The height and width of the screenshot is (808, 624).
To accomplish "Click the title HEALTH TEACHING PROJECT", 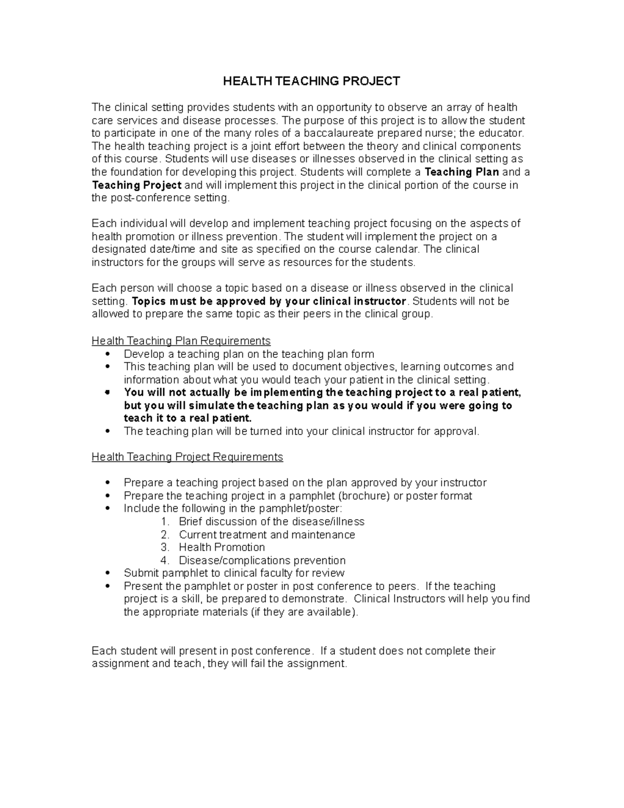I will pyautogui.click(x=311, y=81).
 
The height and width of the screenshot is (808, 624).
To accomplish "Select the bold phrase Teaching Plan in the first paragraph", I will pyautogui.click(x=462, y=172).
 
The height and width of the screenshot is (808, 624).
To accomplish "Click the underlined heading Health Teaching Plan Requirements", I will pyautogui.click(x=181, y=341).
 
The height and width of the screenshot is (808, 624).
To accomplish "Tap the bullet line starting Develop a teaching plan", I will pyautogui.click(x=249, y=354).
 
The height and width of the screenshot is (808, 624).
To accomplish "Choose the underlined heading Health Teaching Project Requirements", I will pyautogui.click(x=187, y=457).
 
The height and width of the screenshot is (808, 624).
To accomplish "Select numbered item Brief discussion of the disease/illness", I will pyautogui.click(x=271, y=521).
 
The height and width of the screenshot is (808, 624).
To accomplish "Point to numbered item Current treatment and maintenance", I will pyautogui.click(x=267, y=534).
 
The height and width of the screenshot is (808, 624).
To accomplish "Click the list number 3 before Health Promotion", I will pyautogui.click(x=165, y=547).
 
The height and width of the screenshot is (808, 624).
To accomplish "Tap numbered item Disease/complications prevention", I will pyautogui.click(x=262, y=560).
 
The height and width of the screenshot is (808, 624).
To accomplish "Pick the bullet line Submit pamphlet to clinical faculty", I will pyautogui.click(x=234, y=573).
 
